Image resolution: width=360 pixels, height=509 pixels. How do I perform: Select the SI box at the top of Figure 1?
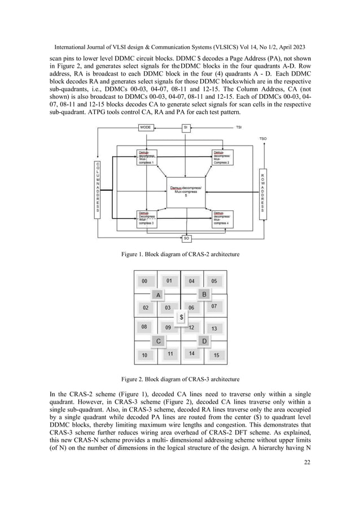click(186, 128)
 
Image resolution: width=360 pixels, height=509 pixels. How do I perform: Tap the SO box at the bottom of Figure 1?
click(187, 238)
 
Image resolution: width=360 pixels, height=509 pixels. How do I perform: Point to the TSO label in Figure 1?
click(263, 138)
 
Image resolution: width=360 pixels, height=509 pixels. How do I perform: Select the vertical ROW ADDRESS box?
click(263, 190)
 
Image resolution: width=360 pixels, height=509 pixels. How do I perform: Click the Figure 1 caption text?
click(181, 254)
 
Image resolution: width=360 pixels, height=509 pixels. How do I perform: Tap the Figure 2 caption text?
click(181, 379)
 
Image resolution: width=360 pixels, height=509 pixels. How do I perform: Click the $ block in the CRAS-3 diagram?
click(181, 318)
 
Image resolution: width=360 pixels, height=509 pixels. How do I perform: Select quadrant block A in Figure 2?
click(158, 294)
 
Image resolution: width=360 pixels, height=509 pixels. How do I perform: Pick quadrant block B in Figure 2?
click(204, 294)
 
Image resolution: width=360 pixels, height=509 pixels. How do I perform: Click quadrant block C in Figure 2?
click(158, 341)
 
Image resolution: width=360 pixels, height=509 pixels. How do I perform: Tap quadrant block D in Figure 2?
click(204, 341)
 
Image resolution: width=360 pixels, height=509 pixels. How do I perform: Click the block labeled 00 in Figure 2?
click(145, 281)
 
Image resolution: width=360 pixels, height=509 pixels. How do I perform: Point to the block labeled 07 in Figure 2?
click(214, 306)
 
